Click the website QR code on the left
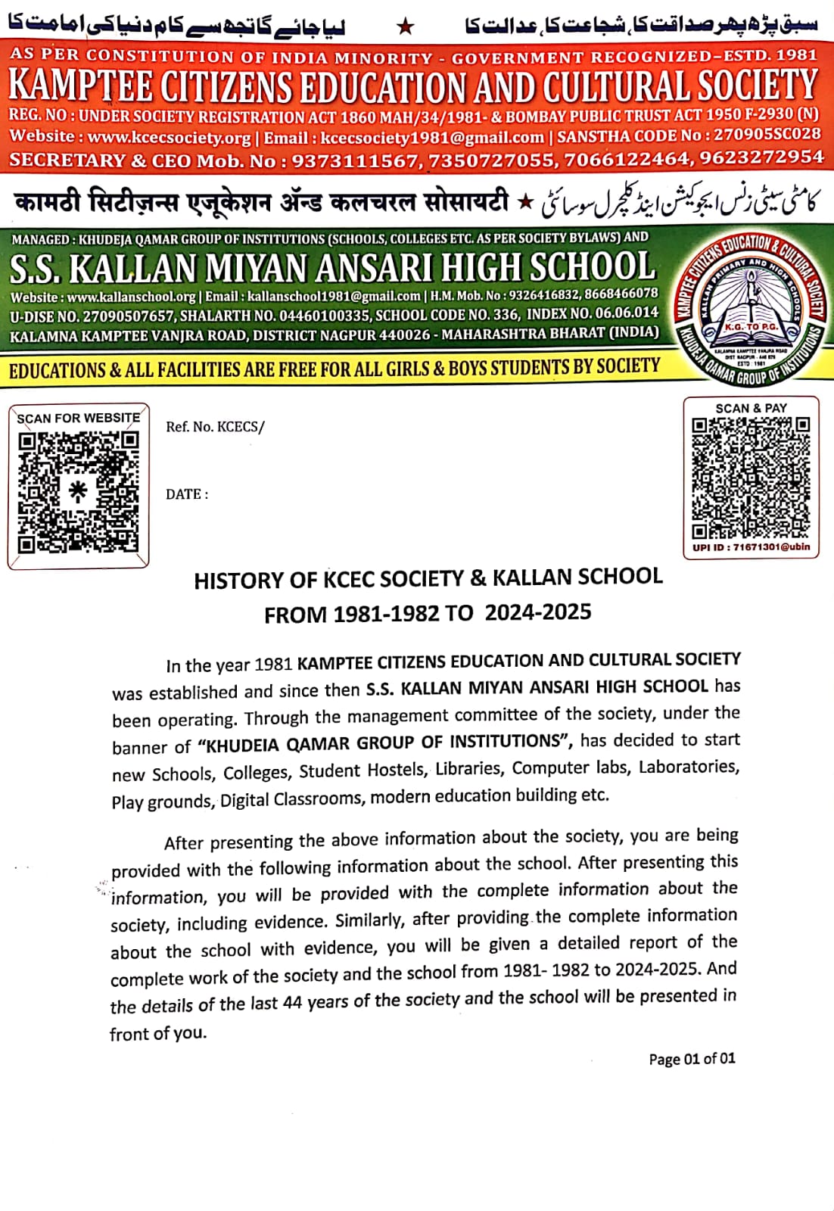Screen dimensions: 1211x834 click(x=78, y=491)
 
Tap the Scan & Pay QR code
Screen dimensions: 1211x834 click(x=751, y=477)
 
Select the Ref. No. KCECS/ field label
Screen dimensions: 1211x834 click(x=215, y=427)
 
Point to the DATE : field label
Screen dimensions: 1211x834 click(x=187, y=494)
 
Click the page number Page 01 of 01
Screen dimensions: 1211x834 click(x=692, y=1059)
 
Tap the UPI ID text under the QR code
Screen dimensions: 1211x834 click(x=751, y=546)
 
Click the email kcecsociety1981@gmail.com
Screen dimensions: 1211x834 click(x=432, y=138)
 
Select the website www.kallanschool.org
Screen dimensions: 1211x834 click(x=131, y=297)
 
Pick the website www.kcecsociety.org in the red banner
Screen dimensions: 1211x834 click(x=169, y=138)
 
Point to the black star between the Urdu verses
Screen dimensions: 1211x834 click(x=406, y=27)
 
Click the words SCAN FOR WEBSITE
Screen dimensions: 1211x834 click(x=78, y=418)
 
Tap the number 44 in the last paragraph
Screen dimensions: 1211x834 click(x=292, y=1003)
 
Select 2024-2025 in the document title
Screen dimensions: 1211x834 click(x=538, y=612)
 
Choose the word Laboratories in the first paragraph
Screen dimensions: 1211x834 click(x=688, y=767)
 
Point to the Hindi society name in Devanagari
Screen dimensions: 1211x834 click(x=261, y=203)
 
